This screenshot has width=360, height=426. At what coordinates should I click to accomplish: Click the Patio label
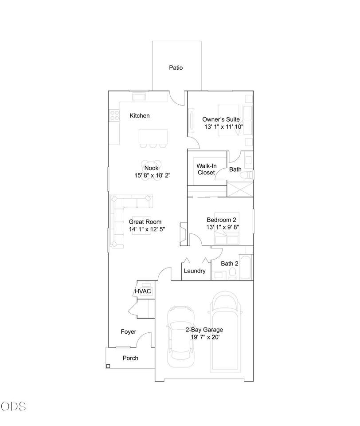click(x=176, y=67)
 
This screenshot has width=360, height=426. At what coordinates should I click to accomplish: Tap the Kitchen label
click(x=140, y=116)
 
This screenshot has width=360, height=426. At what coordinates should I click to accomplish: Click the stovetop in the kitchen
click(x=114, y=115)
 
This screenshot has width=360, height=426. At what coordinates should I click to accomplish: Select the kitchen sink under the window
click(x=139, y=97)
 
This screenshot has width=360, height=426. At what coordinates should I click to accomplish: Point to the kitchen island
click(x=153, y=137)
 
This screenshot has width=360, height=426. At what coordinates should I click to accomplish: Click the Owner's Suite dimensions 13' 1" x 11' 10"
click(x=224, y=126)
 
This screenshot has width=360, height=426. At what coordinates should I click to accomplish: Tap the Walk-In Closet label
click(x=206, y=169)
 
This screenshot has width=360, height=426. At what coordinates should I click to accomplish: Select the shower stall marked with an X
click(x=240, y=189)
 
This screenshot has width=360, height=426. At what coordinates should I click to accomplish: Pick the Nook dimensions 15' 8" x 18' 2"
click(x=153, y=176)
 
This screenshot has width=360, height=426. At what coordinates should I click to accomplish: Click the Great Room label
click(x=145, y=222)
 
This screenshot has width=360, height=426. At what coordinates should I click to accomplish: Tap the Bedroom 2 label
click(x=221, y=220)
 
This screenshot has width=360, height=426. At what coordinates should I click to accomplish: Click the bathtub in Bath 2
click(x=246, y=267)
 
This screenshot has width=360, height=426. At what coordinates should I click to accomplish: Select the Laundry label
click(x=195, y=271)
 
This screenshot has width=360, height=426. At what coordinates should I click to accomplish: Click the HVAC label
click(x=143, y=291)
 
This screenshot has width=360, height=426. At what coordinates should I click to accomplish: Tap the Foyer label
click(x=129, y=332)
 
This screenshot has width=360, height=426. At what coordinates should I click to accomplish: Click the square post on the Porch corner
click(x=108, y=366)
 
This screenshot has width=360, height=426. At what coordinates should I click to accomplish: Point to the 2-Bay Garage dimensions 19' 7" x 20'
click(x=205, y=337)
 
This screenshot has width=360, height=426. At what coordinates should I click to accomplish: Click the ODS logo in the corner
click(x=13, y=406)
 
